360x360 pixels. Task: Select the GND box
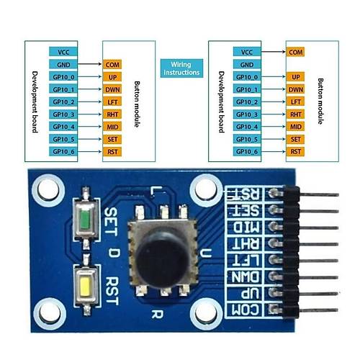coord(63,64)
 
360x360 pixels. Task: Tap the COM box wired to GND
coord(112,64)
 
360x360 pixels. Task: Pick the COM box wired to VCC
coord(294,52)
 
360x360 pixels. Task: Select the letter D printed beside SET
coord(114,252)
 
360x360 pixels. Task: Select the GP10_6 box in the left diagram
coord(63,151)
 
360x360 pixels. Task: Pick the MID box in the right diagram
coord(294,126)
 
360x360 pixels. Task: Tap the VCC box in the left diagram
coord(63,52)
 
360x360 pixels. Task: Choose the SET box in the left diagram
coord(112,139)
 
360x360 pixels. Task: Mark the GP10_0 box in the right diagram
coord(246,76)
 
